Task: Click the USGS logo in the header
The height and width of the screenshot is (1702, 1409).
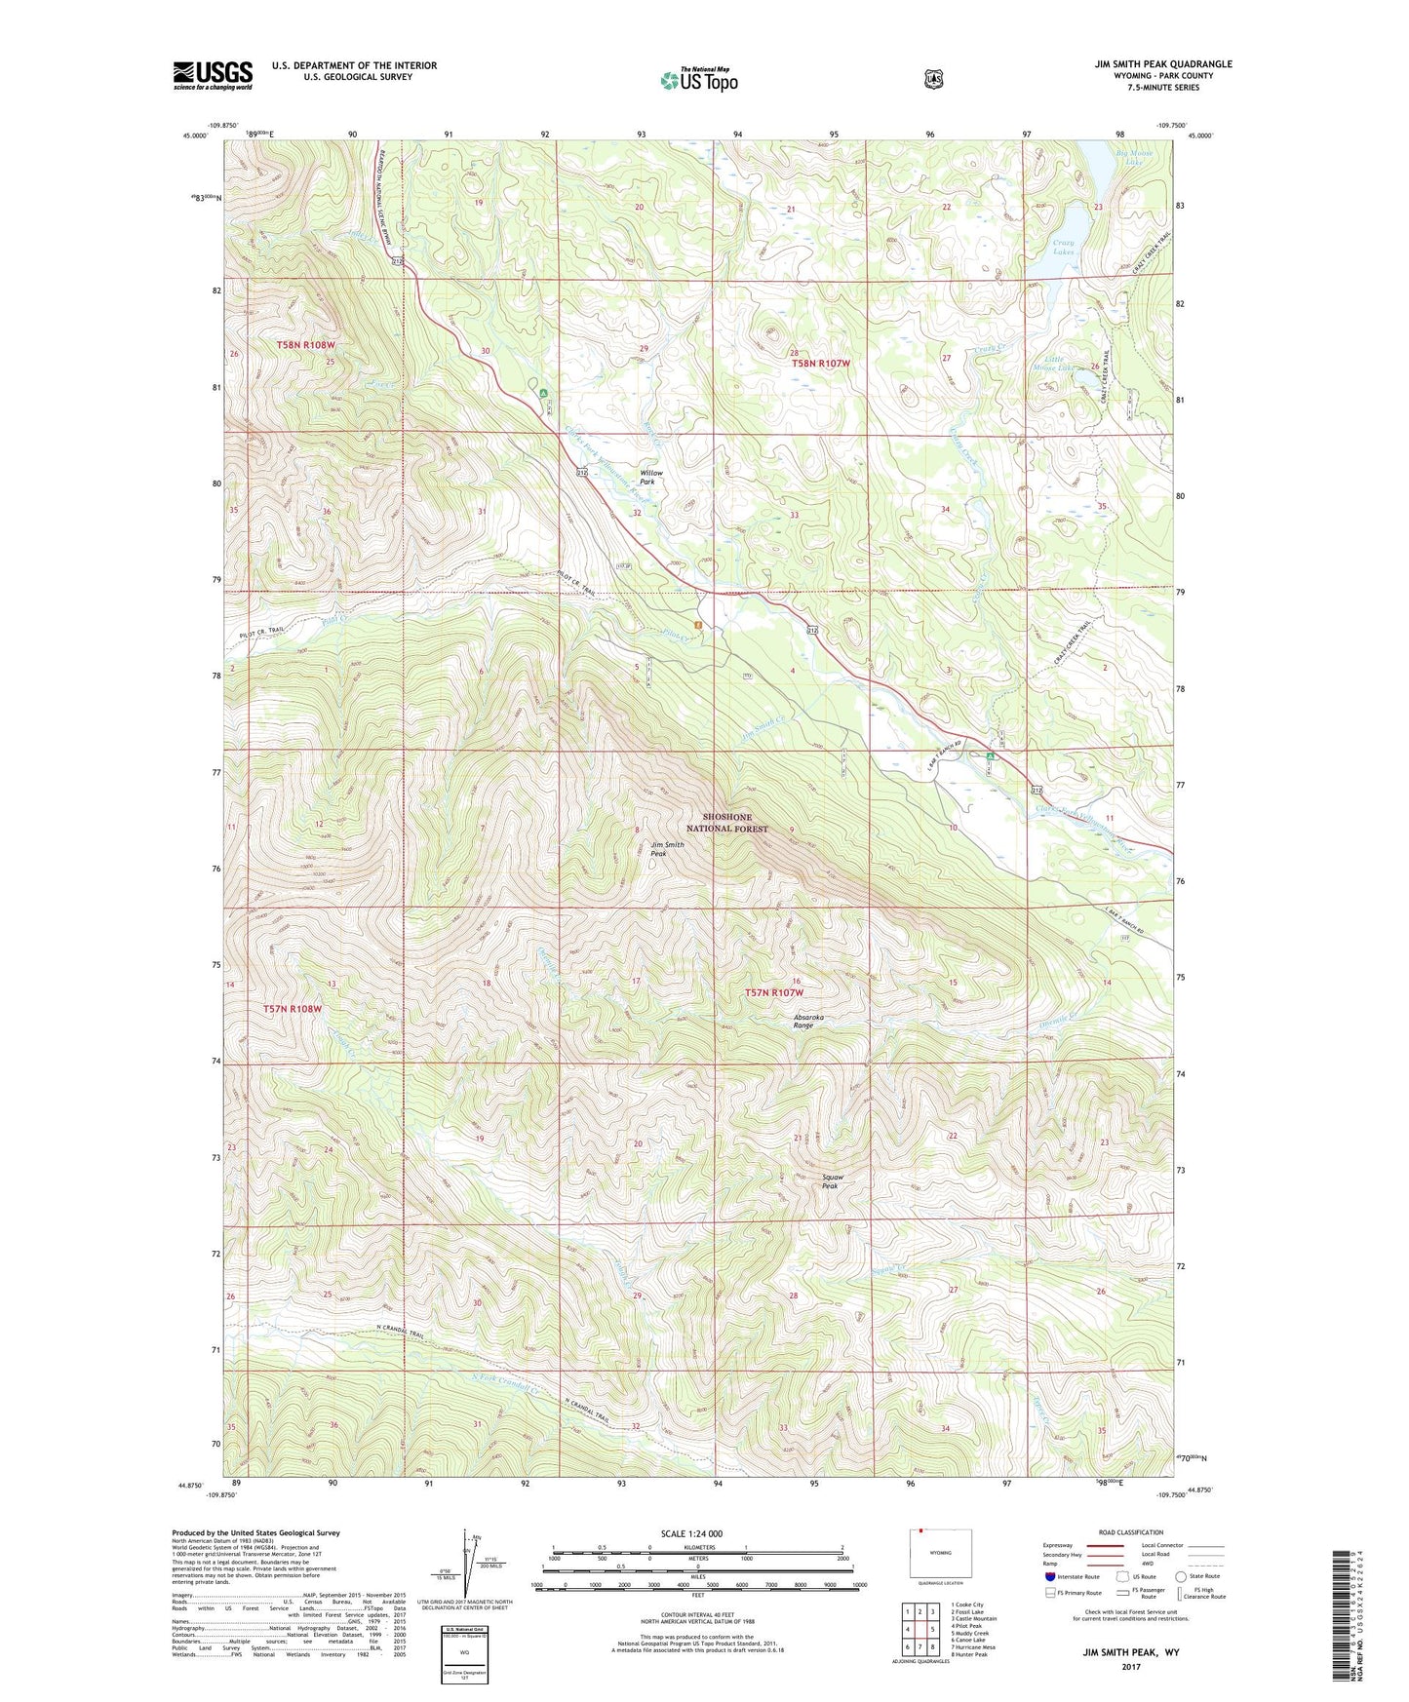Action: tap(213, 75)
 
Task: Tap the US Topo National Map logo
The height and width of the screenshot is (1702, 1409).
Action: tap(698, 80)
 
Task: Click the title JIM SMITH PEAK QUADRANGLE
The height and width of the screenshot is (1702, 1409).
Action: tap(1162, 64)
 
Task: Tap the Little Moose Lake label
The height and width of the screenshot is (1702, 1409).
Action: tap(1053, 364)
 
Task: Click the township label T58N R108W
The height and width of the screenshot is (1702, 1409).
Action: tap(305, 345)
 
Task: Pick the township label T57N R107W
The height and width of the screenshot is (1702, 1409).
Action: tap(774, 992)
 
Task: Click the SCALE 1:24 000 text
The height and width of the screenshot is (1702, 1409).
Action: tap(691, 1533)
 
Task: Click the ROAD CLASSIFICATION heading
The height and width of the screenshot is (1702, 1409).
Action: tap(1130, 1532)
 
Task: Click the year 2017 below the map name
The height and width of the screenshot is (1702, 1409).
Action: tap(1130, 1666)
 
